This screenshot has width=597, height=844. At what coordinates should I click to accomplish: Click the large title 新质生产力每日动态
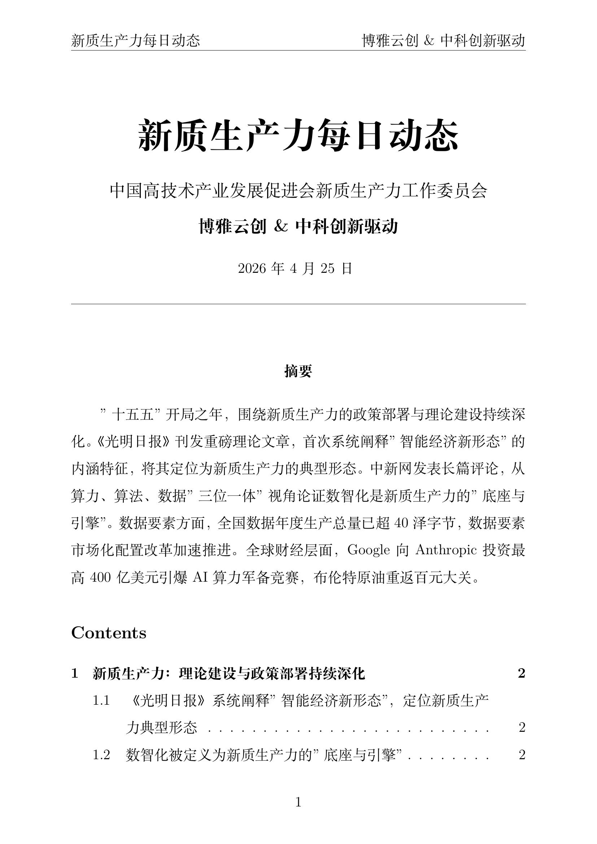coord(298,135)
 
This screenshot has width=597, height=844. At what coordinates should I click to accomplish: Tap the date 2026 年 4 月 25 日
coord(295,269)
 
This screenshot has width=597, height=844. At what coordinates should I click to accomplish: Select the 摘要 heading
coord(298,371)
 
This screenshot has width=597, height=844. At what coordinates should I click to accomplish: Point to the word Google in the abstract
coord(369,550)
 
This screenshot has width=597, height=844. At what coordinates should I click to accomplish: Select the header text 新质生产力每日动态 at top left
coord(136,41)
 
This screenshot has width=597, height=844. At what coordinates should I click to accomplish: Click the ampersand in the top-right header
coord(429,41)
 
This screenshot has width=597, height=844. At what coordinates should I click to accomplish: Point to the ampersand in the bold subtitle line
coord(281,227)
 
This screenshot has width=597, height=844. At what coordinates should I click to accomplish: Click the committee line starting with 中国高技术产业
coord(298,191)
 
